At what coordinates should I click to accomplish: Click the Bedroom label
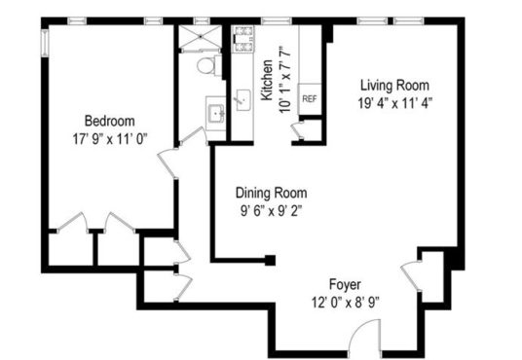pyautogui.click(x=110, y=121)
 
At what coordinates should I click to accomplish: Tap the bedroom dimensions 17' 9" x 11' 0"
pyautogui.click(x=110, y=139)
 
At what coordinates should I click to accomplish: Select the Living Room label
pyautogui.click(x=394, y=86)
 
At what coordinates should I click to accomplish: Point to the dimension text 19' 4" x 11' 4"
pyautogui.click(x=395, y=103)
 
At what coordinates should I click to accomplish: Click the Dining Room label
pyautogui.click(x=272, y=193)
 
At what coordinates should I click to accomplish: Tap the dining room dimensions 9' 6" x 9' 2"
pyautogui.click(x=272, y=210)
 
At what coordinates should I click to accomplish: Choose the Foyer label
pyautogui.click(x=345, y=285)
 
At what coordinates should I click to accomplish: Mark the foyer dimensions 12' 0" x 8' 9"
pyautogui.click(x=346, y=303)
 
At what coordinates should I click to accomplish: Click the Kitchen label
pyautogui.click(x=267, y=80)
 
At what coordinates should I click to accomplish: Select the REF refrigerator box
pyautogui.click(x=310, y=99)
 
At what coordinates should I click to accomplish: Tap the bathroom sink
pyautogui.click(x=216, y=113)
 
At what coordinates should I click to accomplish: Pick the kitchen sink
pyautogui.click(x=243, y=100)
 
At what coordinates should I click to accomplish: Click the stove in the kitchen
pyautogui.click(x=242, y=39)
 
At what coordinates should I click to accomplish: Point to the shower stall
pyautogui.click(x=201, y=37)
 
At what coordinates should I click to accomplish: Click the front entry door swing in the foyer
pyautogui.click(x=365, y=335)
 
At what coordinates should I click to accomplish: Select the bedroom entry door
pyautogui.click(x=168, y=163)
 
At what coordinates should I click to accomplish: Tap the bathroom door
pyautogui.click(x=194, y=136)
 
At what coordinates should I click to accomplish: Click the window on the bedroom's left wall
pyautogui.click(x=45, y=43)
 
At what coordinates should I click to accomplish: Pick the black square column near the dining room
pyautogui.click(x=270, y=260)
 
